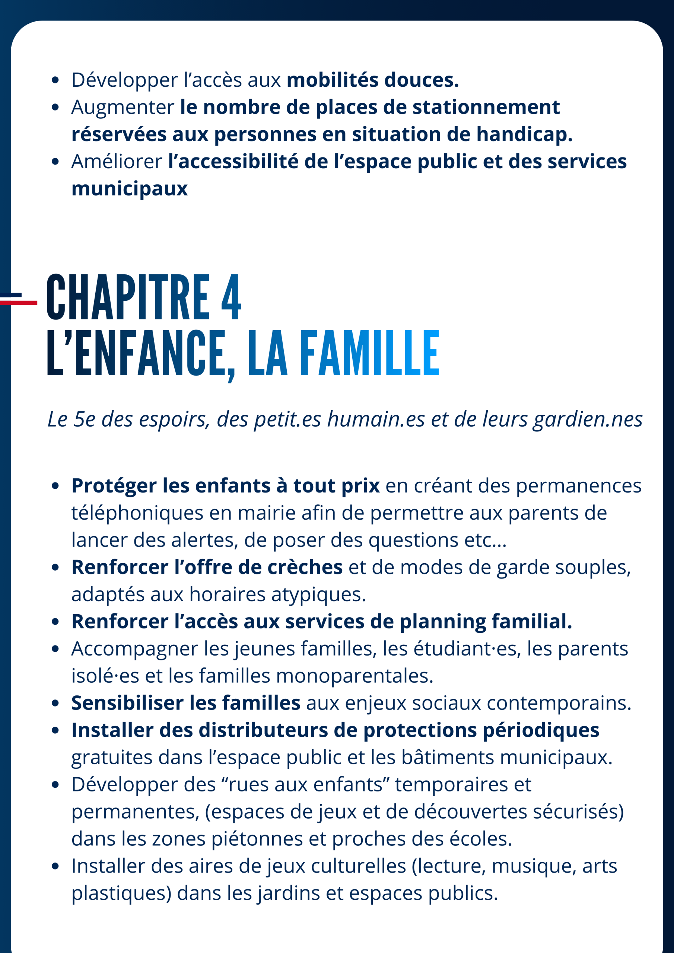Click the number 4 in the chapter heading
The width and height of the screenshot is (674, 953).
[x=231, y=297]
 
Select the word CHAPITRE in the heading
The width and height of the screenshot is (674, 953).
[x=128, y=297]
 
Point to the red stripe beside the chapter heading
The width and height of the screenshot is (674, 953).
[x=19, y=303]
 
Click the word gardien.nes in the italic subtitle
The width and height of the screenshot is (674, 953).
[x=588, y=419]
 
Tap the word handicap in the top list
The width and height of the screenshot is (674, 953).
[x=524, y=134]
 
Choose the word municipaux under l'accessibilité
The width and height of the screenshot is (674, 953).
[x=130, y=188]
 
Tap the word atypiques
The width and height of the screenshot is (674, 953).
[x=318, y=594]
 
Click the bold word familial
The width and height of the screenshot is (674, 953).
[x=531, y=621]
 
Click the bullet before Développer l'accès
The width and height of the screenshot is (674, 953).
[x=55, y=80]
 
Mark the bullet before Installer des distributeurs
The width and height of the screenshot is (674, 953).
[x=55, y=730]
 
